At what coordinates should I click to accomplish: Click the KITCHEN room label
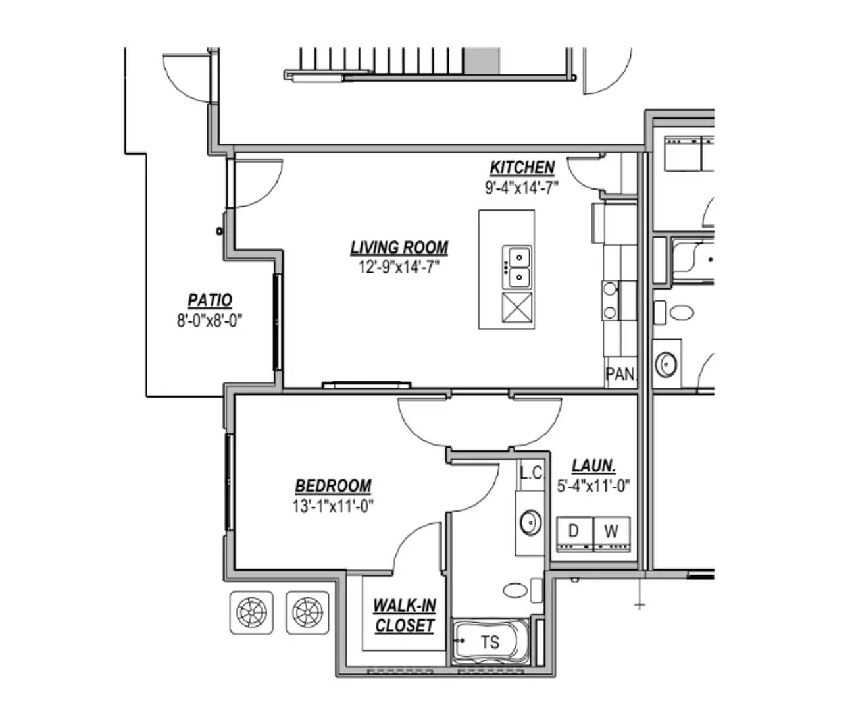point(522,167)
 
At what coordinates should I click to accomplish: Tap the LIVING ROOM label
point(399,248)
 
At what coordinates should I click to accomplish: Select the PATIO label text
point(210,300)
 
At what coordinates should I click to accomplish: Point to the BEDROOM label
point(334,486)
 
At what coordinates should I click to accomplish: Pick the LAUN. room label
point(593,466)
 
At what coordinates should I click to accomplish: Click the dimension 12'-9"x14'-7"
point(399,267)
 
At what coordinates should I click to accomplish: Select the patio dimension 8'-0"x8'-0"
point(210,321)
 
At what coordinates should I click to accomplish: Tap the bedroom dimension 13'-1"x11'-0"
point(334,506)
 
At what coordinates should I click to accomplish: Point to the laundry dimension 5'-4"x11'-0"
point(593,486)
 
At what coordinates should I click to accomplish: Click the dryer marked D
point(575,534)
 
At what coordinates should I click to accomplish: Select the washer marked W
point(612,534)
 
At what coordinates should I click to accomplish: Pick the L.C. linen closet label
point(532,473)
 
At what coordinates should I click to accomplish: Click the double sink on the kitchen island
point(517,267)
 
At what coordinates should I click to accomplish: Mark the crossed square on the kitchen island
point(517,307)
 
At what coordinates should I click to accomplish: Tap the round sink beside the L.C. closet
point(531,522)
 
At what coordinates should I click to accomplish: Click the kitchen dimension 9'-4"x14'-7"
point(522,188)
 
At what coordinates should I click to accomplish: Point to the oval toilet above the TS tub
point(515,591)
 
